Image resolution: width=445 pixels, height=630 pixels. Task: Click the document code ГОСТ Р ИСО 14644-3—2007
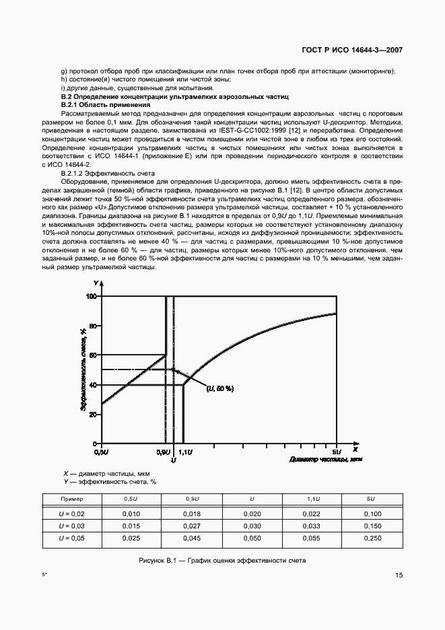(x=353, y=50)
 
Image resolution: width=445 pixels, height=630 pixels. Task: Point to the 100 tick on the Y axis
(x=92, y=296)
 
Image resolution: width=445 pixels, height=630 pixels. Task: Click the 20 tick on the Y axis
(x=93, y=414)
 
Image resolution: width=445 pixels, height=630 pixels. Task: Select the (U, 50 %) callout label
(x=221, y=388)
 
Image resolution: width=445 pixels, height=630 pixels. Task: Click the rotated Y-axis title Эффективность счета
(x=83, y=369)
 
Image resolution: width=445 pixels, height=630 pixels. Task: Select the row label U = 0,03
(x=72, y=525)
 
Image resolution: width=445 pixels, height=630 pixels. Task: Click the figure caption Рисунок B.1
(x=222, y=560)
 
